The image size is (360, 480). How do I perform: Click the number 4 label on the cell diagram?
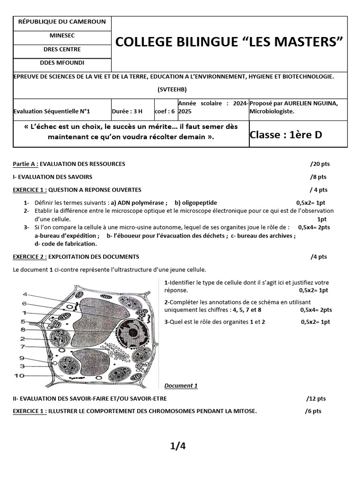[x=24, y=294]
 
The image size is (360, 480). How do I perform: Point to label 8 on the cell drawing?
[x=22, y=330]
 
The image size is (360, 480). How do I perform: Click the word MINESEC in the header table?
[x=62, y=35]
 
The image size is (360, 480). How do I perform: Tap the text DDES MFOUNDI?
[x=62, y=62]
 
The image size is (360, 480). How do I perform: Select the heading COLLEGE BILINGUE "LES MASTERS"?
[x=229, y=42]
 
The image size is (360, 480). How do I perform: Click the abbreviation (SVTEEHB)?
[x=180, y=89]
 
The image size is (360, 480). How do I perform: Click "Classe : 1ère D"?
[x=286, y=135]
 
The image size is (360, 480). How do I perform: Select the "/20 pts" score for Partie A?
[x=320, y=164]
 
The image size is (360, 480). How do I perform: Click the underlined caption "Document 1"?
[x=181, y=386]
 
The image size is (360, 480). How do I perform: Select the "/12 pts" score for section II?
[x=316, y=398]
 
